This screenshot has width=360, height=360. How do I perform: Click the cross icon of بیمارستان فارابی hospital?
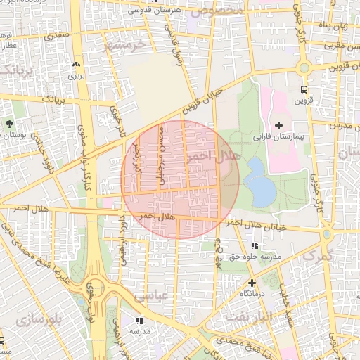point(279,124)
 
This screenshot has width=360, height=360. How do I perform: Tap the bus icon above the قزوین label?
point(304,89)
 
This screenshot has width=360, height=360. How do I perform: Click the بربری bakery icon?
point(76,64)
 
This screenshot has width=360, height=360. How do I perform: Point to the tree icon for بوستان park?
point(9,124)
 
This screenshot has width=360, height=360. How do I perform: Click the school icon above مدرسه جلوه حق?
point(254,246)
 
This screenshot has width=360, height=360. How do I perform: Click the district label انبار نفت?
point(245,318)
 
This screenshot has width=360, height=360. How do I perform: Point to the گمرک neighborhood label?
point(316,257)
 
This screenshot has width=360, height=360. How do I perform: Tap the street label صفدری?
point(56,32)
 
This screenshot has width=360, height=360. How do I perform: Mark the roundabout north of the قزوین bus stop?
point(304,68)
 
